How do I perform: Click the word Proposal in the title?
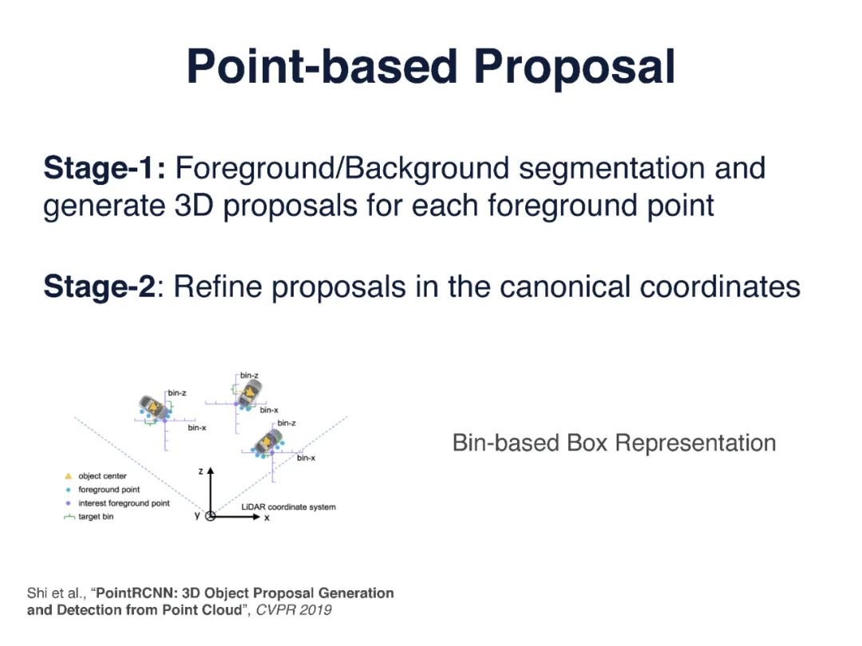[x=575, y=68]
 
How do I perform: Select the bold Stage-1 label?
[x=104, y=169]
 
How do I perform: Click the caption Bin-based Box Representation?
[x=614, y=443]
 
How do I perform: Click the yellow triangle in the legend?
[x=69, y=476]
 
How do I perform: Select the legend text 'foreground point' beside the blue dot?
[x=109, y=490]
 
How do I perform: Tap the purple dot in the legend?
[x=69, y=503]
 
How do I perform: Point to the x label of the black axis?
[x=267, y=518]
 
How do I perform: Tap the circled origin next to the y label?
[x=211, y=516]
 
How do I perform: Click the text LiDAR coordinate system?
[x=288, y=507]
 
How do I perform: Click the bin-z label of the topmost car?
[x=249, y=375]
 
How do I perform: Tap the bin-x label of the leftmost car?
[x=197, y=428]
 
